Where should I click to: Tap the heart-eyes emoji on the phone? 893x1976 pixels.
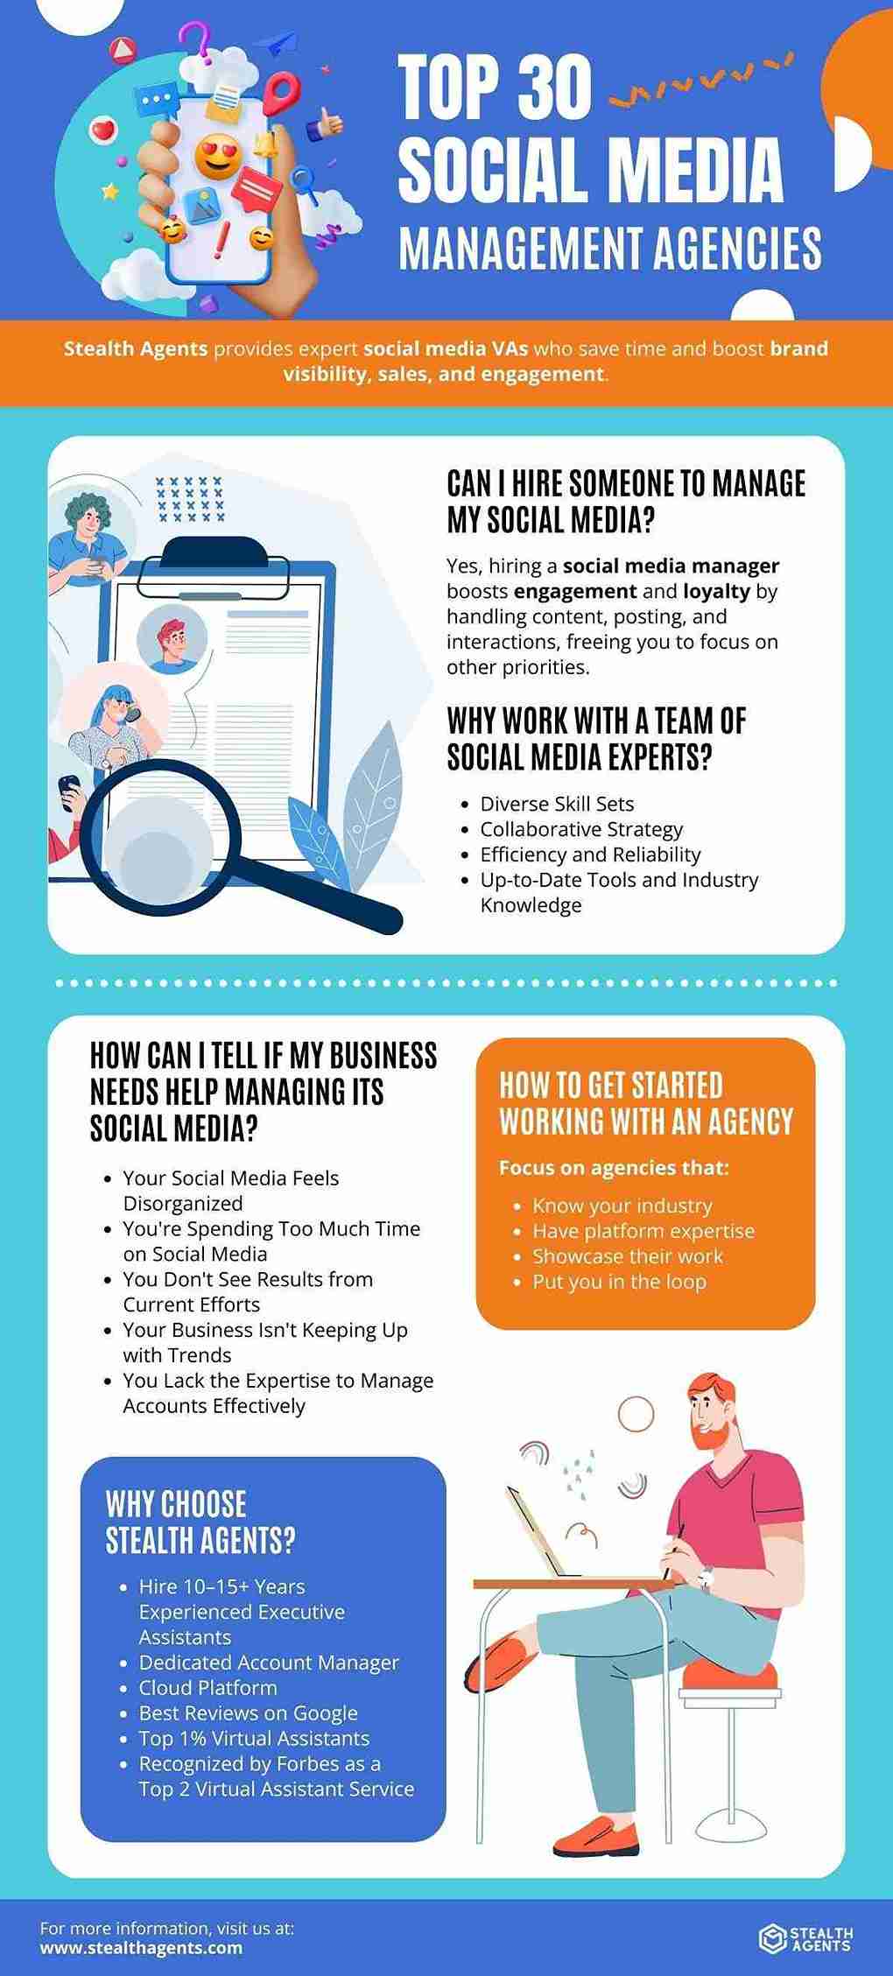217,157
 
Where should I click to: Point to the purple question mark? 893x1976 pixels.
190,41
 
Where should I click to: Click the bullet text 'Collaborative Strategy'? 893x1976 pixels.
581,829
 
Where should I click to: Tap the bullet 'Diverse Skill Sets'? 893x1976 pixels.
557,804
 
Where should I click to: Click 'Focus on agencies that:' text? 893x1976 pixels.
614,1167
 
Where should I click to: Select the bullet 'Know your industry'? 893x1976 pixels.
622,1206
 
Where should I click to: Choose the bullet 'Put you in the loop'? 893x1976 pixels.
619,1282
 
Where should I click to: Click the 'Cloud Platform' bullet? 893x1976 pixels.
207,1687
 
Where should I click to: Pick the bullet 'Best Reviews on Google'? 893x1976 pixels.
249,1712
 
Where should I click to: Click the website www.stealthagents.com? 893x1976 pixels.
141,1948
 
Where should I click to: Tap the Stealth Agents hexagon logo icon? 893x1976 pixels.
771,1938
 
